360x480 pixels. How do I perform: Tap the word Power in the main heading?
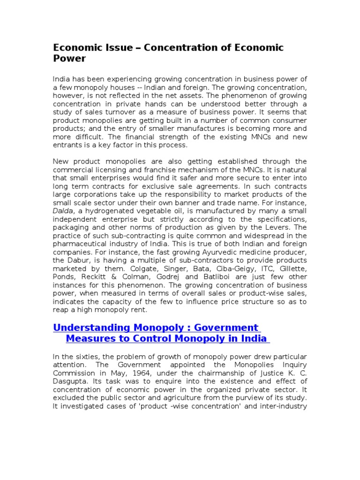pos(69,59)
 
